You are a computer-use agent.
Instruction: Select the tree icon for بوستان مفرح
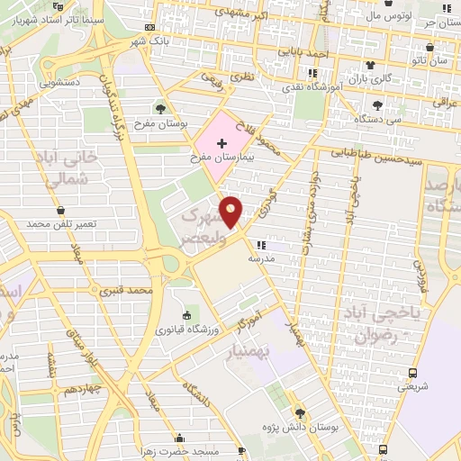160,110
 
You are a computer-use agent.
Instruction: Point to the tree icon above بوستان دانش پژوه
300,413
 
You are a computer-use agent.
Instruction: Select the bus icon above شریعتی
412,373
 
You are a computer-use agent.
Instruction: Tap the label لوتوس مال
390,16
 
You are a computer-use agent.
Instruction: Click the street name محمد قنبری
123,291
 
